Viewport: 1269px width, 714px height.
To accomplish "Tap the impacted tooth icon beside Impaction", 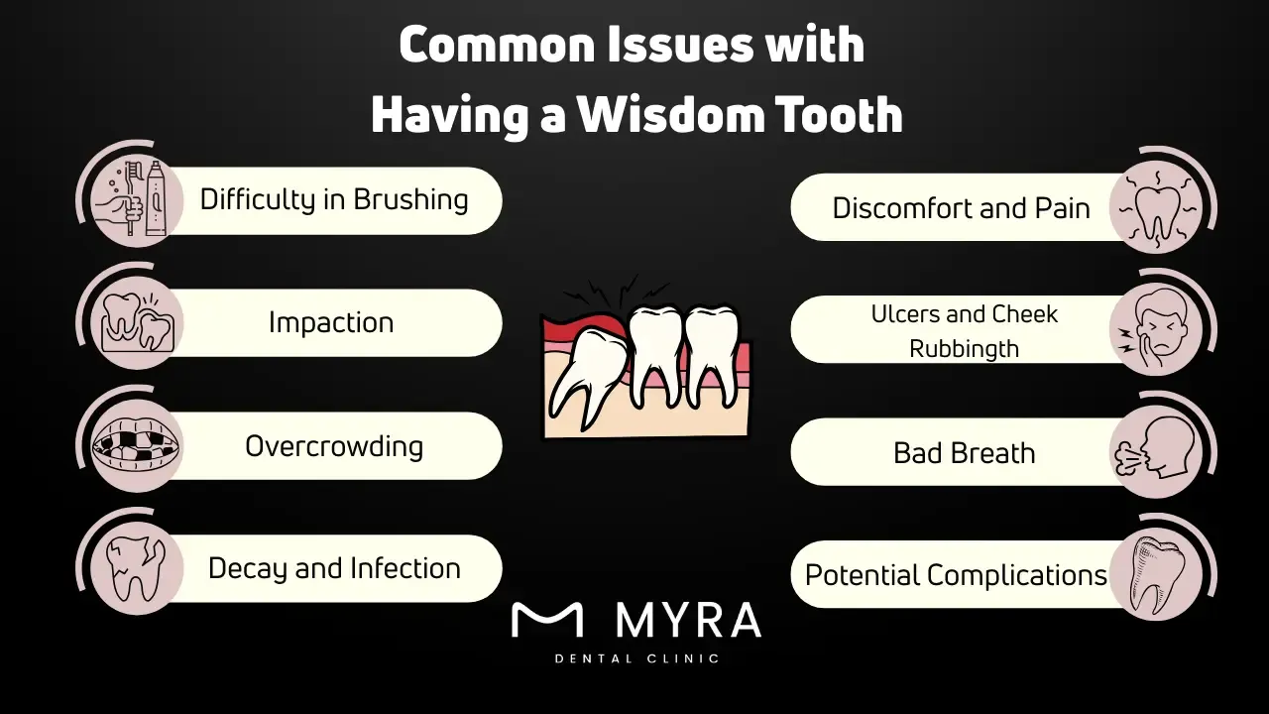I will (x=137, y=323).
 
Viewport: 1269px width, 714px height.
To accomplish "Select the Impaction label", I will (x=331, y=323).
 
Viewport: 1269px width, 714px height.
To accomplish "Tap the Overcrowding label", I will (x=334, y=446).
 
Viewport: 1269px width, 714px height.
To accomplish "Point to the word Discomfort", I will (x=888, y=208).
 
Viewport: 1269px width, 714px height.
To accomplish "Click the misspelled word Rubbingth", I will (x=964, y=348).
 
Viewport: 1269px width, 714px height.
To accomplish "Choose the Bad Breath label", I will (x=964, y=453).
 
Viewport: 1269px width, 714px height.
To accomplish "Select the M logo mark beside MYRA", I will (x=546, y=620).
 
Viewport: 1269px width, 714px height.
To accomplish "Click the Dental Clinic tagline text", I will (x=636, y=657).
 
